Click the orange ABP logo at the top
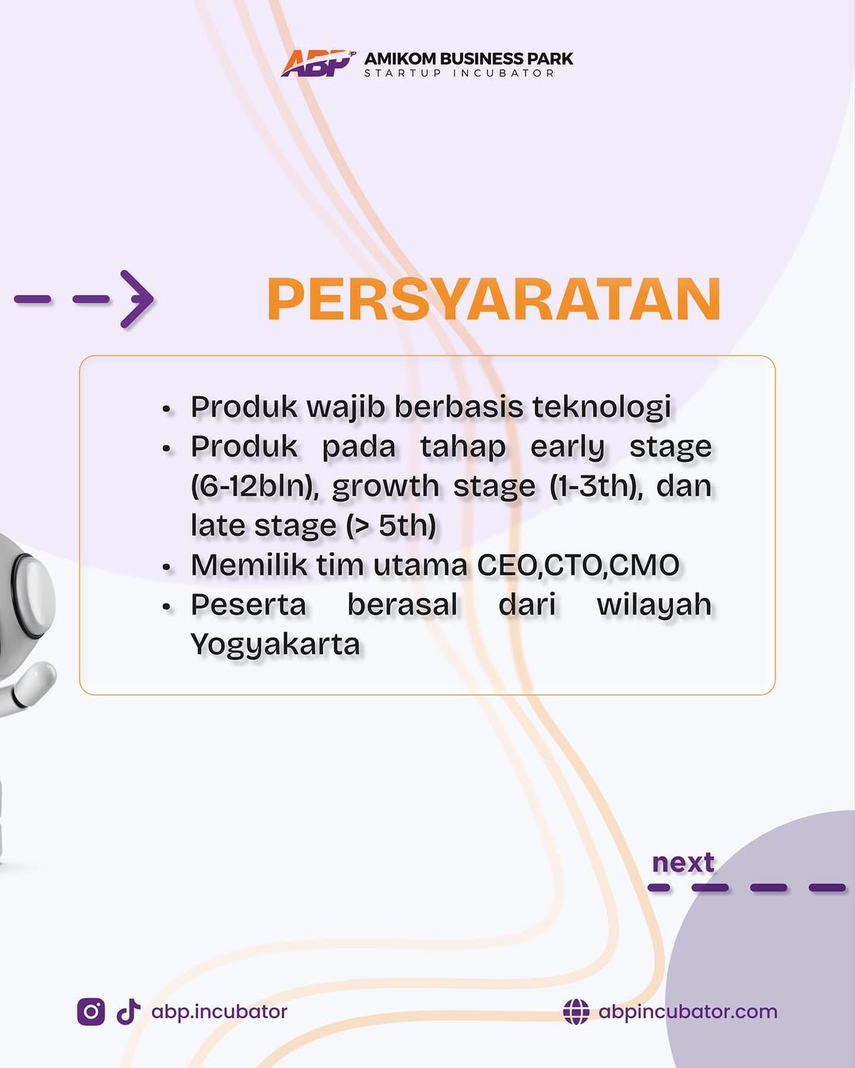(318, 63)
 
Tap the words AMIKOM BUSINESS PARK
(469, 59)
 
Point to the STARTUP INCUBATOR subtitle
(459, 74)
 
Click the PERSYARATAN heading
(494, 299)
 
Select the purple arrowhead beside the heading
(138, 299)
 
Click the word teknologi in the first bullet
(602, 407)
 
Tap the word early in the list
(568, 447)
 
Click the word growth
(386, 487)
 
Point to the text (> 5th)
(391, 525)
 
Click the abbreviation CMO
(644, 566)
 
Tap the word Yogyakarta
(275, 646)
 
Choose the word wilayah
(654, 606)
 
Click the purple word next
(683, 863)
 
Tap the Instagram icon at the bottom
(91, 1012)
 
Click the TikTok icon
(128, 1012)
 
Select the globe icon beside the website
(576, 1012)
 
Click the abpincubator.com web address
(688, 1012)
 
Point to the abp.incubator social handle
(219, 1012)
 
